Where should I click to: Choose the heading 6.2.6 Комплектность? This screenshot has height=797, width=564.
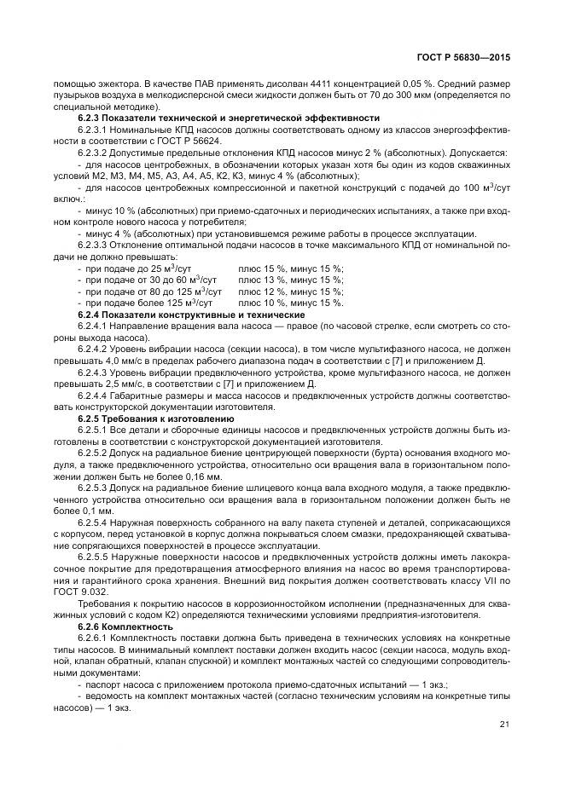125,627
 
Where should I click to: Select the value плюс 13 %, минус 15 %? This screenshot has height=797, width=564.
291,280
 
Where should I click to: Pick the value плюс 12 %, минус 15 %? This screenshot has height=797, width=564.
291,292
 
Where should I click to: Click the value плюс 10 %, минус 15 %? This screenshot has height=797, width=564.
291,303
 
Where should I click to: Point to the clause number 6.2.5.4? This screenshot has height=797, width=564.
93,521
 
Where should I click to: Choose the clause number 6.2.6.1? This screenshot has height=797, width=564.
93,638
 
